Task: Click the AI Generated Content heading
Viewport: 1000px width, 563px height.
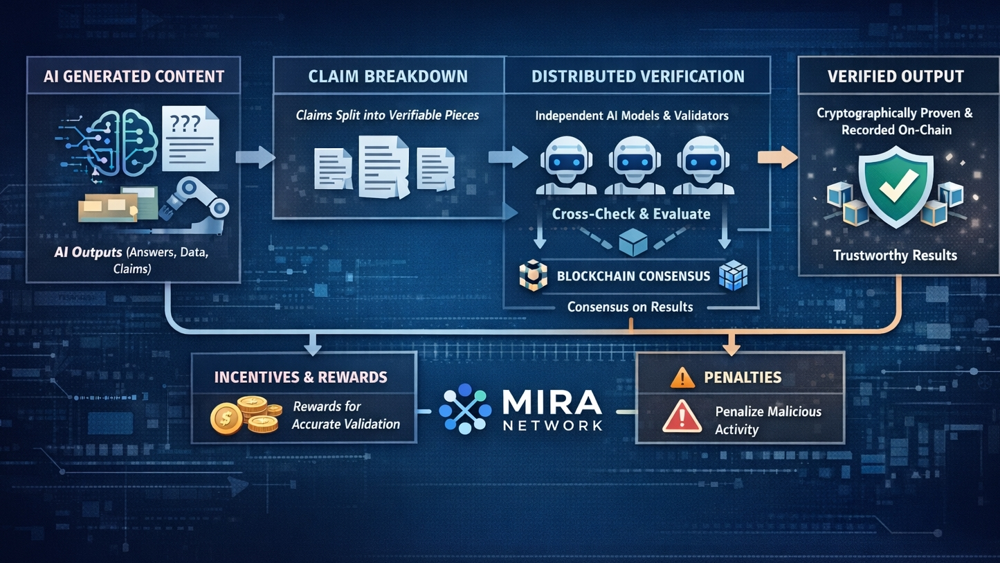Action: tap(134, 76)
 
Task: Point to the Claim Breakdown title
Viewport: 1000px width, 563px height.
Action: tap(388, 76)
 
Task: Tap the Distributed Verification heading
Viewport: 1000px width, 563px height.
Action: tap(637, 76)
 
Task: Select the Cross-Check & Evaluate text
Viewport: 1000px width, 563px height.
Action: tap(631, 214)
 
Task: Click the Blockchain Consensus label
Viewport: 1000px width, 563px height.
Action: tap(633, 276)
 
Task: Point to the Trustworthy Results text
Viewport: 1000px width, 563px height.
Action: tap(895, 256)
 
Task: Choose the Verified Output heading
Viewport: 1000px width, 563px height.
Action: tap(896, 76)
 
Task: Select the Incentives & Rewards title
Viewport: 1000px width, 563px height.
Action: tap(300, 377)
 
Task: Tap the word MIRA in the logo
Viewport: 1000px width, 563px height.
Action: tap(552, 401)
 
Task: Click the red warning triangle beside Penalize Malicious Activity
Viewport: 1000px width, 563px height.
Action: tap(682, 418)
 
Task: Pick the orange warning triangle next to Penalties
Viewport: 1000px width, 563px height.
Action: tap(682, 377)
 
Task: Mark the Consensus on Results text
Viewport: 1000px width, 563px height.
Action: tap(630, 306)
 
